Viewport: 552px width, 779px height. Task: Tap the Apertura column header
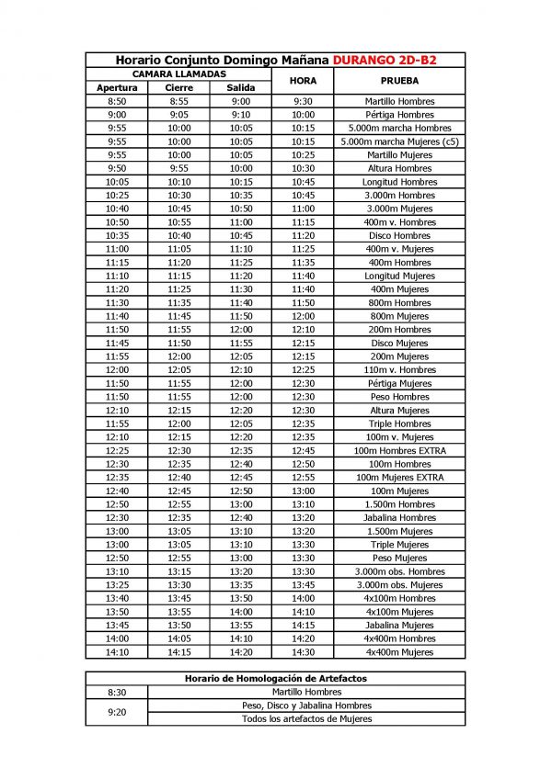coord(117,87)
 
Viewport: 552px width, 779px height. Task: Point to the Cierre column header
coord(178,87)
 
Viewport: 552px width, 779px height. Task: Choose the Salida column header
coord(241,87)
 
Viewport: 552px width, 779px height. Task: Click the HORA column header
coord(303,81)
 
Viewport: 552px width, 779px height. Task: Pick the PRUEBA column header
coord(398,81)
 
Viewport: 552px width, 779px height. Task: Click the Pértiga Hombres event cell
coord(398,115)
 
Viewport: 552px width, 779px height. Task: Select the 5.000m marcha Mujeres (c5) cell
coord(398,141)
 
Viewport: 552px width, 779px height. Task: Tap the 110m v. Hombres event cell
coord(398,370)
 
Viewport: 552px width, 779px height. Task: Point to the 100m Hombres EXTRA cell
coord(398,451)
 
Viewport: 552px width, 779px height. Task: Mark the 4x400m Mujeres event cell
coord(398,652)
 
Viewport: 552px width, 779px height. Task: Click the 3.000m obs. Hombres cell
coord(398,571)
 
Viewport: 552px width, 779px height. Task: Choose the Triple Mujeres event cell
coord(398,545)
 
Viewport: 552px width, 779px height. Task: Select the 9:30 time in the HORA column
coord(303,101)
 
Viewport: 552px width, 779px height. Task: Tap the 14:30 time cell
coord(303,652)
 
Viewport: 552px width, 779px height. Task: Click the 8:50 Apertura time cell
coord(117,101)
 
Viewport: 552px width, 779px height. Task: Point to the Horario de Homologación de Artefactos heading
coord(275,679)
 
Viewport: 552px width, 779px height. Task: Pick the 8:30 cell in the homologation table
coord(117,692)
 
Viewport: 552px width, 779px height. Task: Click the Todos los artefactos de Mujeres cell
coord(306,718)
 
